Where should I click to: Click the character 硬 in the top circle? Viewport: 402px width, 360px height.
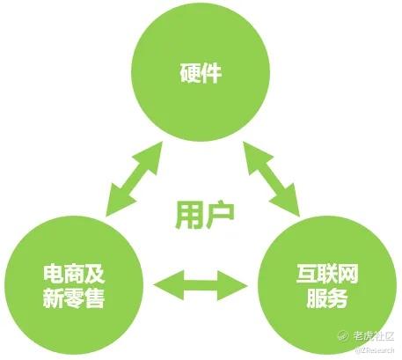click(x=190, y=72)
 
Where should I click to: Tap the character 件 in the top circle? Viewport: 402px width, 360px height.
click(x=211, y=72)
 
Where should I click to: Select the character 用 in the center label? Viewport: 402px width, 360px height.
click(x=188, y=215)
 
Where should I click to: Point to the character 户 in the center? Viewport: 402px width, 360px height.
click(x=220, y=215)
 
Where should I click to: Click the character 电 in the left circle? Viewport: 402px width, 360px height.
click(x=54, y=274)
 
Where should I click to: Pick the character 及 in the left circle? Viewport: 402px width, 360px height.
click(x=94, y=274)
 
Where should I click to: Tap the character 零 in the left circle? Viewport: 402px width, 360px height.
click(x=74, y=298)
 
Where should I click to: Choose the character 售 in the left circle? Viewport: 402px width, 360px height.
click(x=94, y=298)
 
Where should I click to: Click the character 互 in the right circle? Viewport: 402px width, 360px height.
click(x=307, y=274)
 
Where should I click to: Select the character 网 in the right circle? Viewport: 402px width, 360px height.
click(x=347, y=274)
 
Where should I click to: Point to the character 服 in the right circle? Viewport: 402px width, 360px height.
click(x=317, y=298)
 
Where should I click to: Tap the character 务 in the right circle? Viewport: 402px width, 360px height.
click(x=338, y=298)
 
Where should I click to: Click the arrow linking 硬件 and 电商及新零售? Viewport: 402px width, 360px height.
click(x=134, y=179)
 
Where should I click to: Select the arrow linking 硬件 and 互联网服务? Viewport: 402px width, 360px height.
click(x=272, y=179)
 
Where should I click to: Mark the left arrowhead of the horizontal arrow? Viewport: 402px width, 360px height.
click(x=168, y=285)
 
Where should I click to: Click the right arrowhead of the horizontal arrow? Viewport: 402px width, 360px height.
click(x=232, y=285)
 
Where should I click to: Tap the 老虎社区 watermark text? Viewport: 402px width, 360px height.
click(x=374, y=335)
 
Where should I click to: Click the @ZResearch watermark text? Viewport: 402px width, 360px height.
click(x=375, y=349)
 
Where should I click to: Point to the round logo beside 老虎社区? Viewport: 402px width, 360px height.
click(x=343, y=335)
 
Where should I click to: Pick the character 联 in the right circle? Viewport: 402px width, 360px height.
click(x=327, y=274)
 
